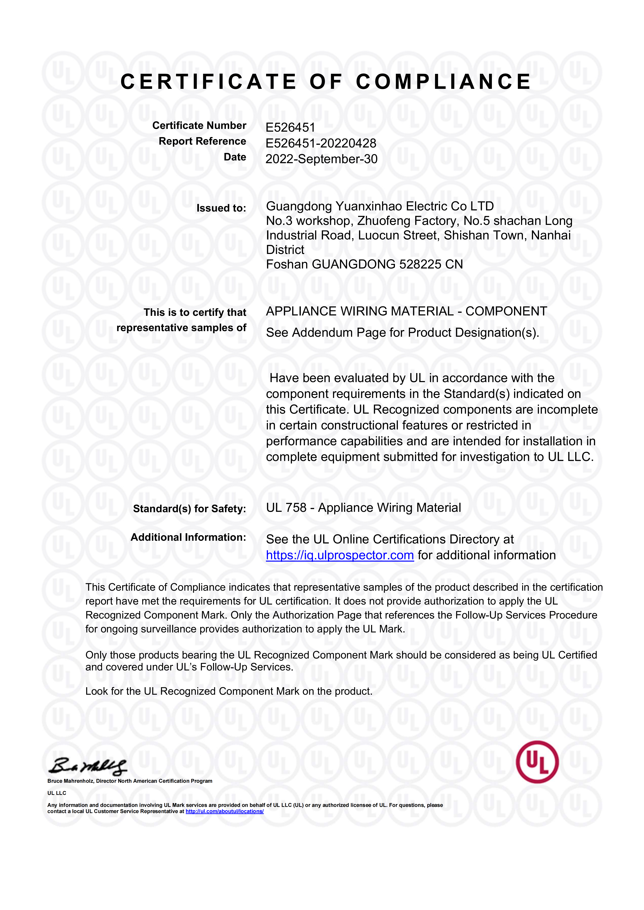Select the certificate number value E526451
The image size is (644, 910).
click(x=290, y=128)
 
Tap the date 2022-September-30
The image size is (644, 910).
click(x=321, y=159)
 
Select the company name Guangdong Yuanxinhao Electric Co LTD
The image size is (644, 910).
click(x=380, y=206)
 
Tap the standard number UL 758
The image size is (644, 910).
click(x=286, y=508)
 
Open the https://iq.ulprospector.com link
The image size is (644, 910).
click(x=340, y=555)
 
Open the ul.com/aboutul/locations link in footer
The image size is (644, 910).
click(x=224, y=811)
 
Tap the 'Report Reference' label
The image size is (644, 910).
click(x=202, y=142)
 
